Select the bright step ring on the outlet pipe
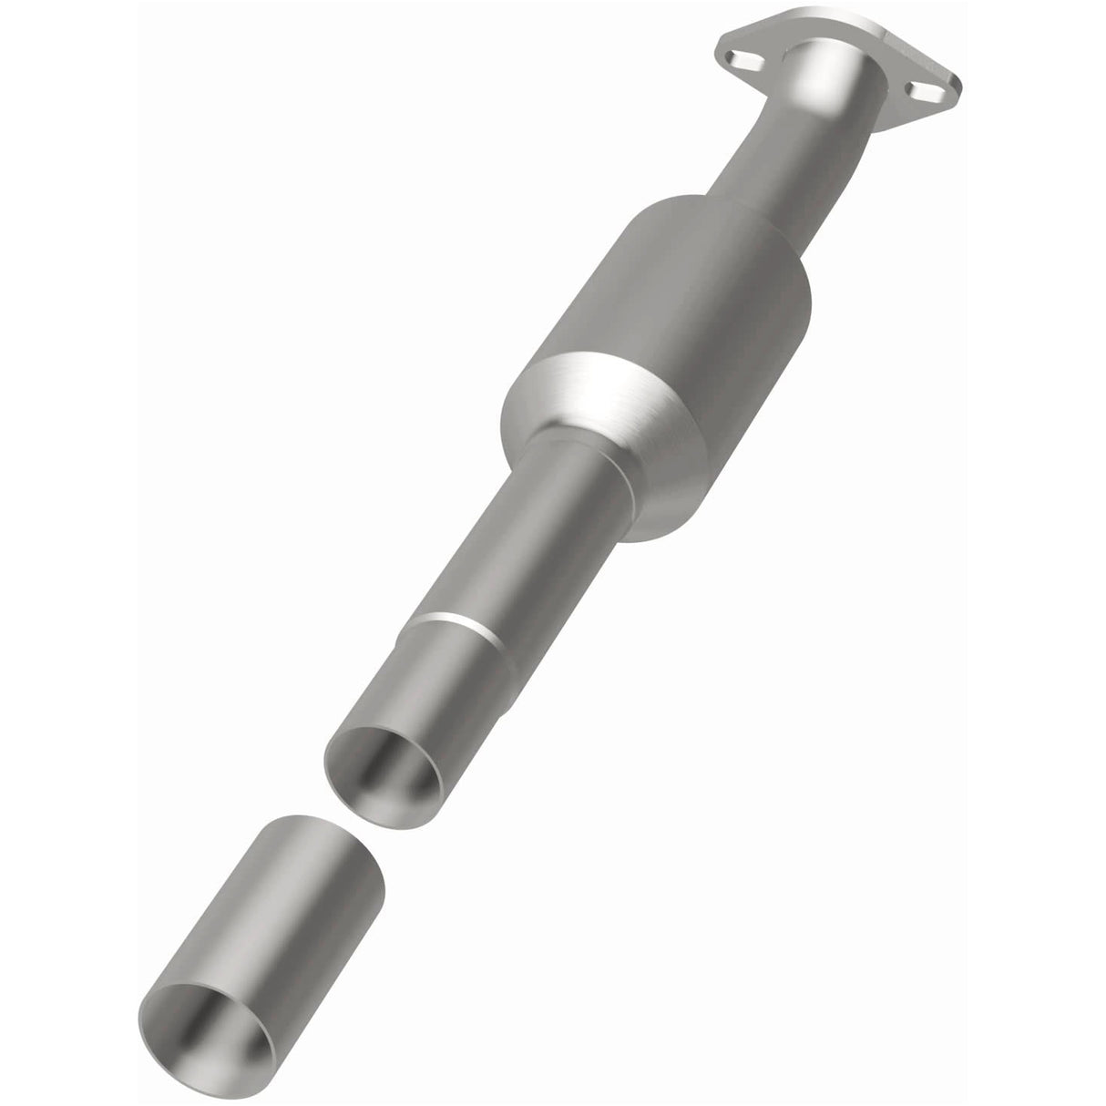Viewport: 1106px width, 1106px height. pyautogui.click(x=456, y=624)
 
